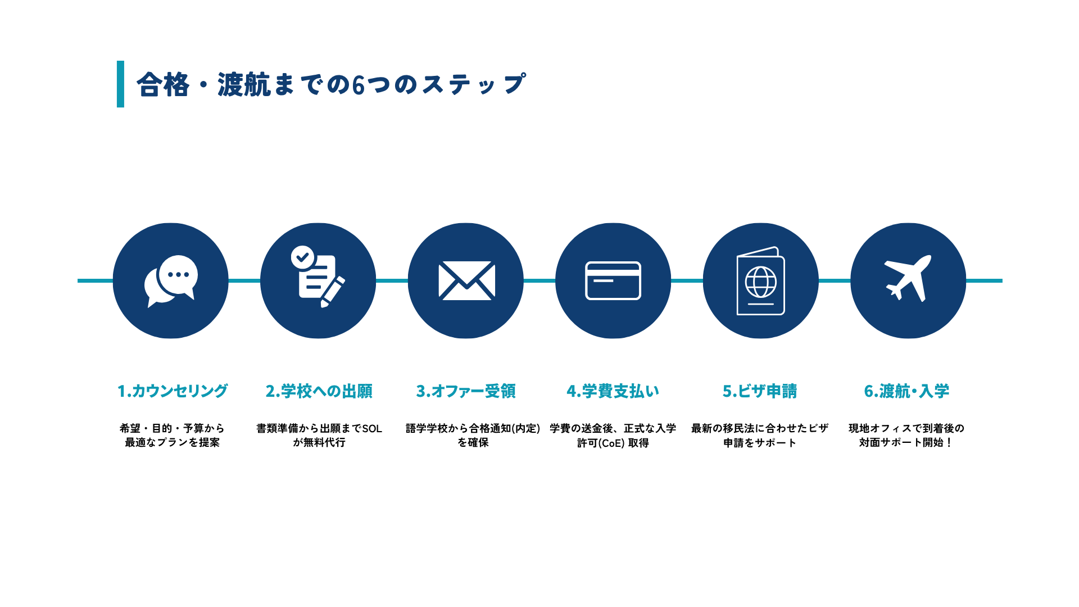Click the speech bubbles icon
[x=171, y=281]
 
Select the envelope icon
[x=466, y=280]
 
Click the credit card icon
[x=613, y=280]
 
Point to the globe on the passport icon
[x=761, y=282]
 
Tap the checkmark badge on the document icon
[x=303, y=257]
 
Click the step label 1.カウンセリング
[x=173, y=391]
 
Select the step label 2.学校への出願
[x=319, y=391]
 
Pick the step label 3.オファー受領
[x=466, y=391]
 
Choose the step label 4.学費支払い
[x=613, y=391]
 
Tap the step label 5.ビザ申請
[x=760, y=391]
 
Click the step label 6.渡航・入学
[x=906, y=391]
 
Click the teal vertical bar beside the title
[x=120, y=84]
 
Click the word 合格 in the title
[x=163, y=85]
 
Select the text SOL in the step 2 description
[x=372, y=429]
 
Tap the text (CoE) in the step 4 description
[x=605, y=443]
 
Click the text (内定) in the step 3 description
[x=527, y=429]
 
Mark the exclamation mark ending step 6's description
[x=949, y=443]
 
